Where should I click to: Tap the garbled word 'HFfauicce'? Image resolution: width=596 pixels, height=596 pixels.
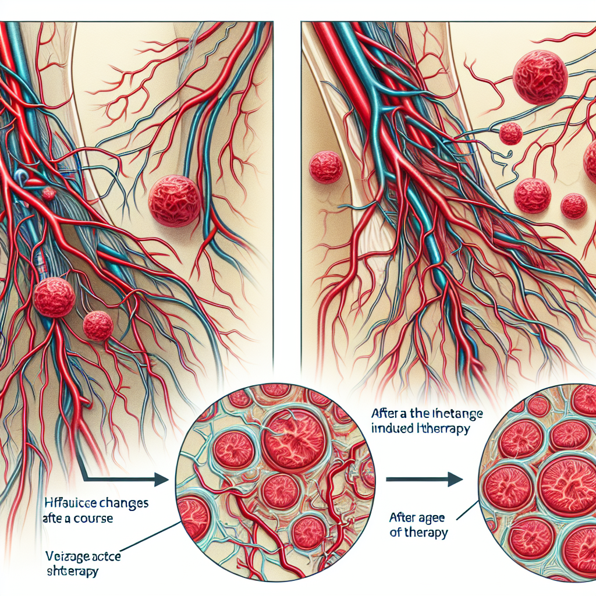click(69, 501)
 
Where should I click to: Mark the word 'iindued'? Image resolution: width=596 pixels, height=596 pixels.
click(395, 429)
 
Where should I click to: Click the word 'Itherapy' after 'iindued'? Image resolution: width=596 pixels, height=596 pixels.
click(445, 429)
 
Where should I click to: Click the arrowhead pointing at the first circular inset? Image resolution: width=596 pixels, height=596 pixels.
click(162, 480)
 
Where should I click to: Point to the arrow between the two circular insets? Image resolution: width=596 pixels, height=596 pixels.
click(425, 480)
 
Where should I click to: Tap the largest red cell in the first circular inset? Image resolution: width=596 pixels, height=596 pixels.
click(295, 437)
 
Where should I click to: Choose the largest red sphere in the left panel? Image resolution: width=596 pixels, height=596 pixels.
click(175, 201)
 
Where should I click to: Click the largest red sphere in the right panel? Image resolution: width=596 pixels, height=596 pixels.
click(540, 77)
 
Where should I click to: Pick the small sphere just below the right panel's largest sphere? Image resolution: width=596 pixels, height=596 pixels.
click(510, 133)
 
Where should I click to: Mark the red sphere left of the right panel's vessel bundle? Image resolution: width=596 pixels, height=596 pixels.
click(326, 167)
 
